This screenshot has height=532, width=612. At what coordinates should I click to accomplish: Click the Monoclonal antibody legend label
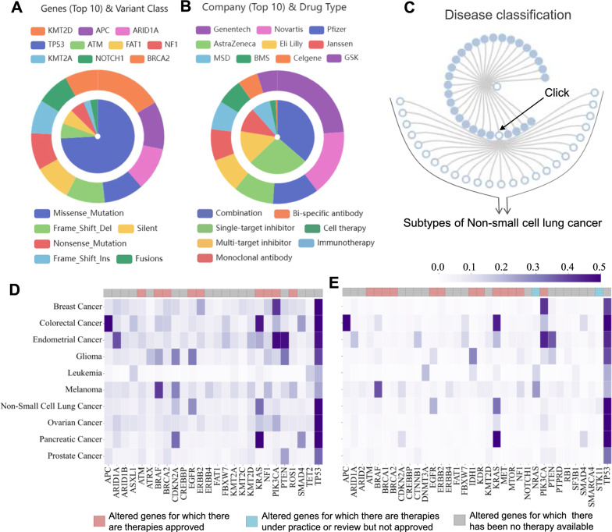click(262, 258)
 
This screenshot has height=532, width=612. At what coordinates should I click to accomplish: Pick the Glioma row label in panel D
click(84, 355)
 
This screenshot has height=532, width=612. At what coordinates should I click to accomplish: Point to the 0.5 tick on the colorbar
click(598, 266)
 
